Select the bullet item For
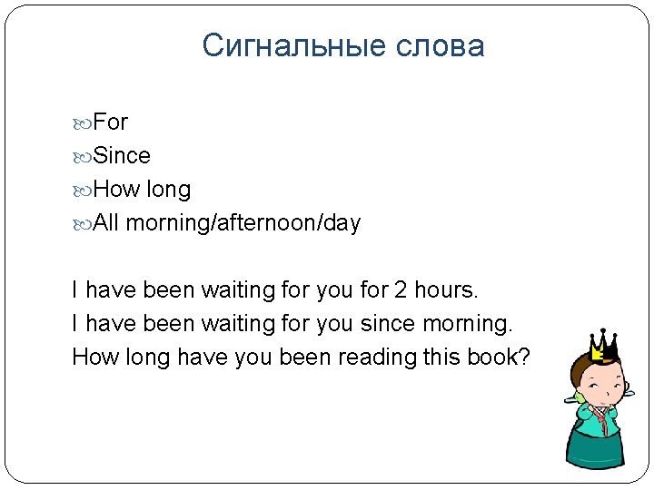point(111,122)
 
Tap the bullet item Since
point(122,156)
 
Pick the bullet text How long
point(142,190)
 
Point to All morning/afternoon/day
point(226,223)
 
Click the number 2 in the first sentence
point(401,290)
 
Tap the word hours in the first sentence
point(445,290)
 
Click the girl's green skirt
point(597,448)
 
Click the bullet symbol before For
point(84,122)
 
